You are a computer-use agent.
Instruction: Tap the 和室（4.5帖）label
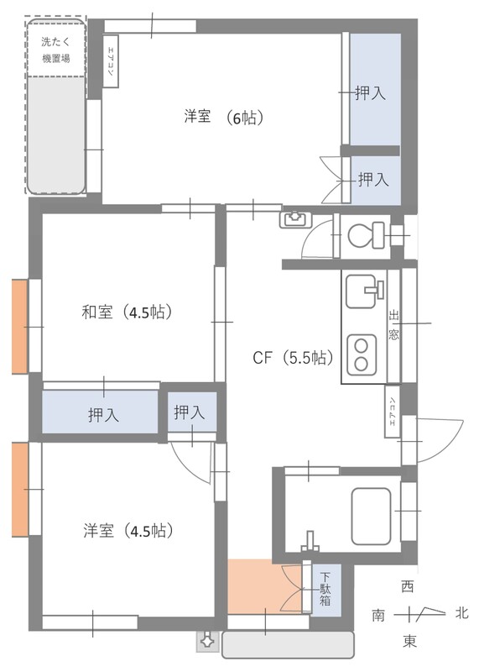pyautogui.click(x=127, y=312)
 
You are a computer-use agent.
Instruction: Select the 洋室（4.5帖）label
pyautogui.click(x=128, y=531)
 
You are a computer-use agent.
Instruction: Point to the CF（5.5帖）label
pyautogui.click(x=294, y=358)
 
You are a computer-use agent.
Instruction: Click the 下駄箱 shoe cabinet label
pyautogui.click(x=325, y=590)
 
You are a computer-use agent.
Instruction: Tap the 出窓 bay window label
pyautogui.click(x=393, y=324)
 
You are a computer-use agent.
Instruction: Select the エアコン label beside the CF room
pyautogui.click(x=392, y=412)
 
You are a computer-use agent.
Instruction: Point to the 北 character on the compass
pyautogui.click(x=461, y=614)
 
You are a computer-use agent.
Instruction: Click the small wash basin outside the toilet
pyautogui.click(x=294, y=220)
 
